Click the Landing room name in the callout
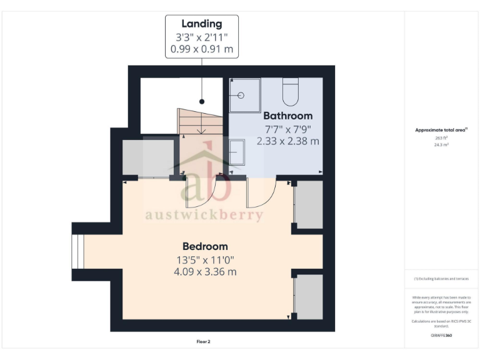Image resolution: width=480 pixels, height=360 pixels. (x=202, y=24)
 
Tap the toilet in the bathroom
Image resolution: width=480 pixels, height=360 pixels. (x=291, y=92)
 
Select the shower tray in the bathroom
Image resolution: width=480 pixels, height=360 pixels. (x=244, y=95)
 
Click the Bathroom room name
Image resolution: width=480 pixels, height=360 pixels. (x=287, y=116)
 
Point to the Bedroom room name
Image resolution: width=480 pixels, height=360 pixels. (x=205, y=246)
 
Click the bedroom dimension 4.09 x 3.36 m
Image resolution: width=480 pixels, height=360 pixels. (x=205, y=272)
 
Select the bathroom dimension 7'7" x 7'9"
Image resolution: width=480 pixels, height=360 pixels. (x=287, y=129)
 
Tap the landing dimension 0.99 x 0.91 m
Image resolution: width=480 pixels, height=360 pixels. (x=202, y=48)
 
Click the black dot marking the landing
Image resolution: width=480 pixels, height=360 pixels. (x=202, y=101)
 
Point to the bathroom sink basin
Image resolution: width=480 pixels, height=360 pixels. (x=237, y=152)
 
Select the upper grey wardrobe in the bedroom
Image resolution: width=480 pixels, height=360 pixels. (x=308, y=205)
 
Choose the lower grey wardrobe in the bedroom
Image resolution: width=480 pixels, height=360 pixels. (x=308, y=295)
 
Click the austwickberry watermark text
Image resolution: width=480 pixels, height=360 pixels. (x=204, y=215)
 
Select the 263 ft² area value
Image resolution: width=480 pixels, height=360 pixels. (x=441, y=137)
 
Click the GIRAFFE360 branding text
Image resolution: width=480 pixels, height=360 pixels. (x=441, y=336)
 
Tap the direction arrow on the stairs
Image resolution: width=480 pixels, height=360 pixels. (x=202, y=131)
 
